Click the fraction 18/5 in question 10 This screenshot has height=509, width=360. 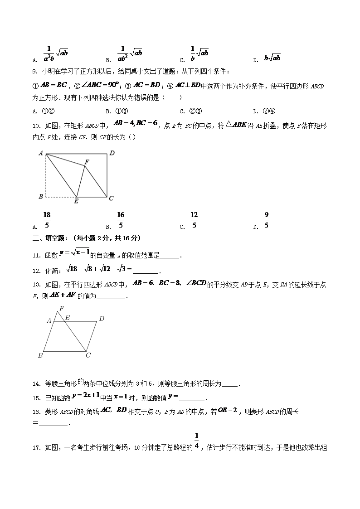[x=47, y=220]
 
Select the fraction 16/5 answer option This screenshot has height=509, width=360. [x=121, y=220]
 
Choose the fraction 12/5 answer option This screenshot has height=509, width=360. [x=194, y=220]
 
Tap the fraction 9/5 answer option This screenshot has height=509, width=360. [x=267, y=220]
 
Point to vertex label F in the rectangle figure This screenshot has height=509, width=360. [x=87, y=162]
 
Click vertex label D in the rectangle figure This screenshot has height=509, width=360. [x=112, y=153]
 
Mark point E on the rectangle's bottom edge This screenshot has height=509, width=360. [x=76, y=201]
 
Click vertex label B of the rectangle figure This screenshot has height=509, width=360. [x=41, y=197]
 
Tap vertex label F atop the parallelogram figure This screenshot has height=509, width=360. [x=61, y=309]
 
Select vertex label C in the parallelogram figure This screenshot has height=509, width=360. [x=88, y=355]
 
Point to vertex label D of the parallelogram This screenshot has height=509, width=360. [x=102, y=319]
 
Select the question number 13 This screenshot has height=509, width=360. [x=36, y=285]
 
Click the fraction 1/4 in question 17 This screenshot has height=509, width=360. [x=197, y=441]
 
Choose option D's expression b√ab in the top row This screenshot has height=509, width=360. [x=272, y=58]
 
